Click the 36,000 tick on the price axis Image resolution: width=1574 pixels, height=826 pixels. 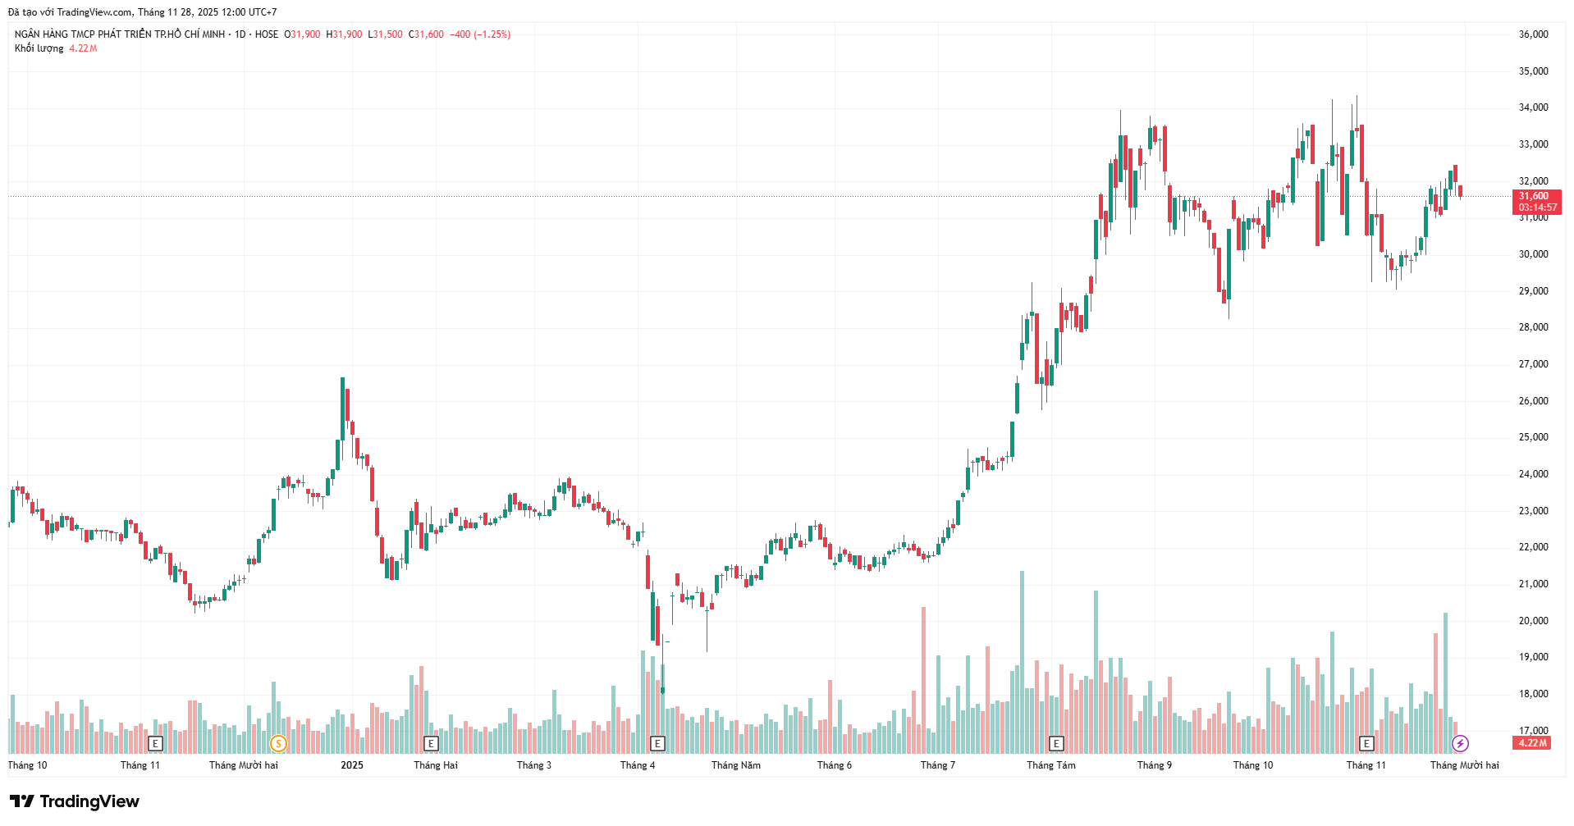(x=1533, y=34)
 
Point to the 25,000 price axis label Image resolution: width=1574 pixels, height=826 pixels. (x=1533, y=437)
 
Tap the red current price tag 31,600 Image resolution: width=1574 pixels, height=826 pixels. (x=1535, y=196)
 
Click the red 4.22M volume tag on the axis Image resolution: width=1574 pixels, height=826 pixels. (x=1532, y=743)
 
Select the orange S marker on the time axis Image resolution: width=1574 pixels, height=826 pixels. (x=278, y=744)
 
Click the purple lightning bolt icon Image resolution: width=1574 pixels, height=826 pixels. (x=1460, y=744)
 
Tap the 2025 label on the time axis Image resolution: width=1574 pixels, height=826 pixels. (x=352, y=765)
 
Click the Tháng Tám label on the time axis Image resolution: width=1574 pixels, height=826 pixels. (x=1050, y=765)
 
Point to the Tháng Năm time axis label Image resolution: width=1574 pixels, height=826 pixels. (x=735, y=765)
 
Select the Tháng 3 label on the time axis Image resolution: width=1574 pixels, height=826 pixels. (x=534, y=765)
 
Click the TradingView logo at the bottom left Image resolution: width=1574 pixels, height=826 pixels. (x=75, y=801)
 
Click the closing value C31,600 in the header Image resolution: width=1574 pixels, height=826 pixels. (x=427, y=34)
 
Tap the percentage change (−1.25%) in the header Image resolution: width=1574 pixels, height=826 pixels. (x=492, y=34)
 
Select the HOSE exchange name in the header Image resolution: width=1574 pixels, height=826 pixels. (x=267, y=34)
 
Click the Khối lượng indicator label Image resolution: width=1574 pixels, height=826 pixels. (x=39, y=48)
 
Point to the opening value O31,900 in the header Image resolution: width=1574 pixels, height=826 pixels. (x=302, y=34)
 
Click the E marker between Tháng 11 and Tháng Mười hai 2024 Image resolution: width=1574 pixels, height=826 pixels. (x=155, y=744)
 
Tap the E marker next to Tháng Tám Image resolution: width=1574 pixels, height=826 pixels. (x=1056, y=744)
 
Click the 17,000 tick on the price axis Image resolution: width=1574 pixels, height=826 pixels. (x=1533, y=730)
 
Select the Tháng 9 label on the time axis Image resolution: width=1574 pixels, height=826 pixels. (x=1155, y=765)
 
